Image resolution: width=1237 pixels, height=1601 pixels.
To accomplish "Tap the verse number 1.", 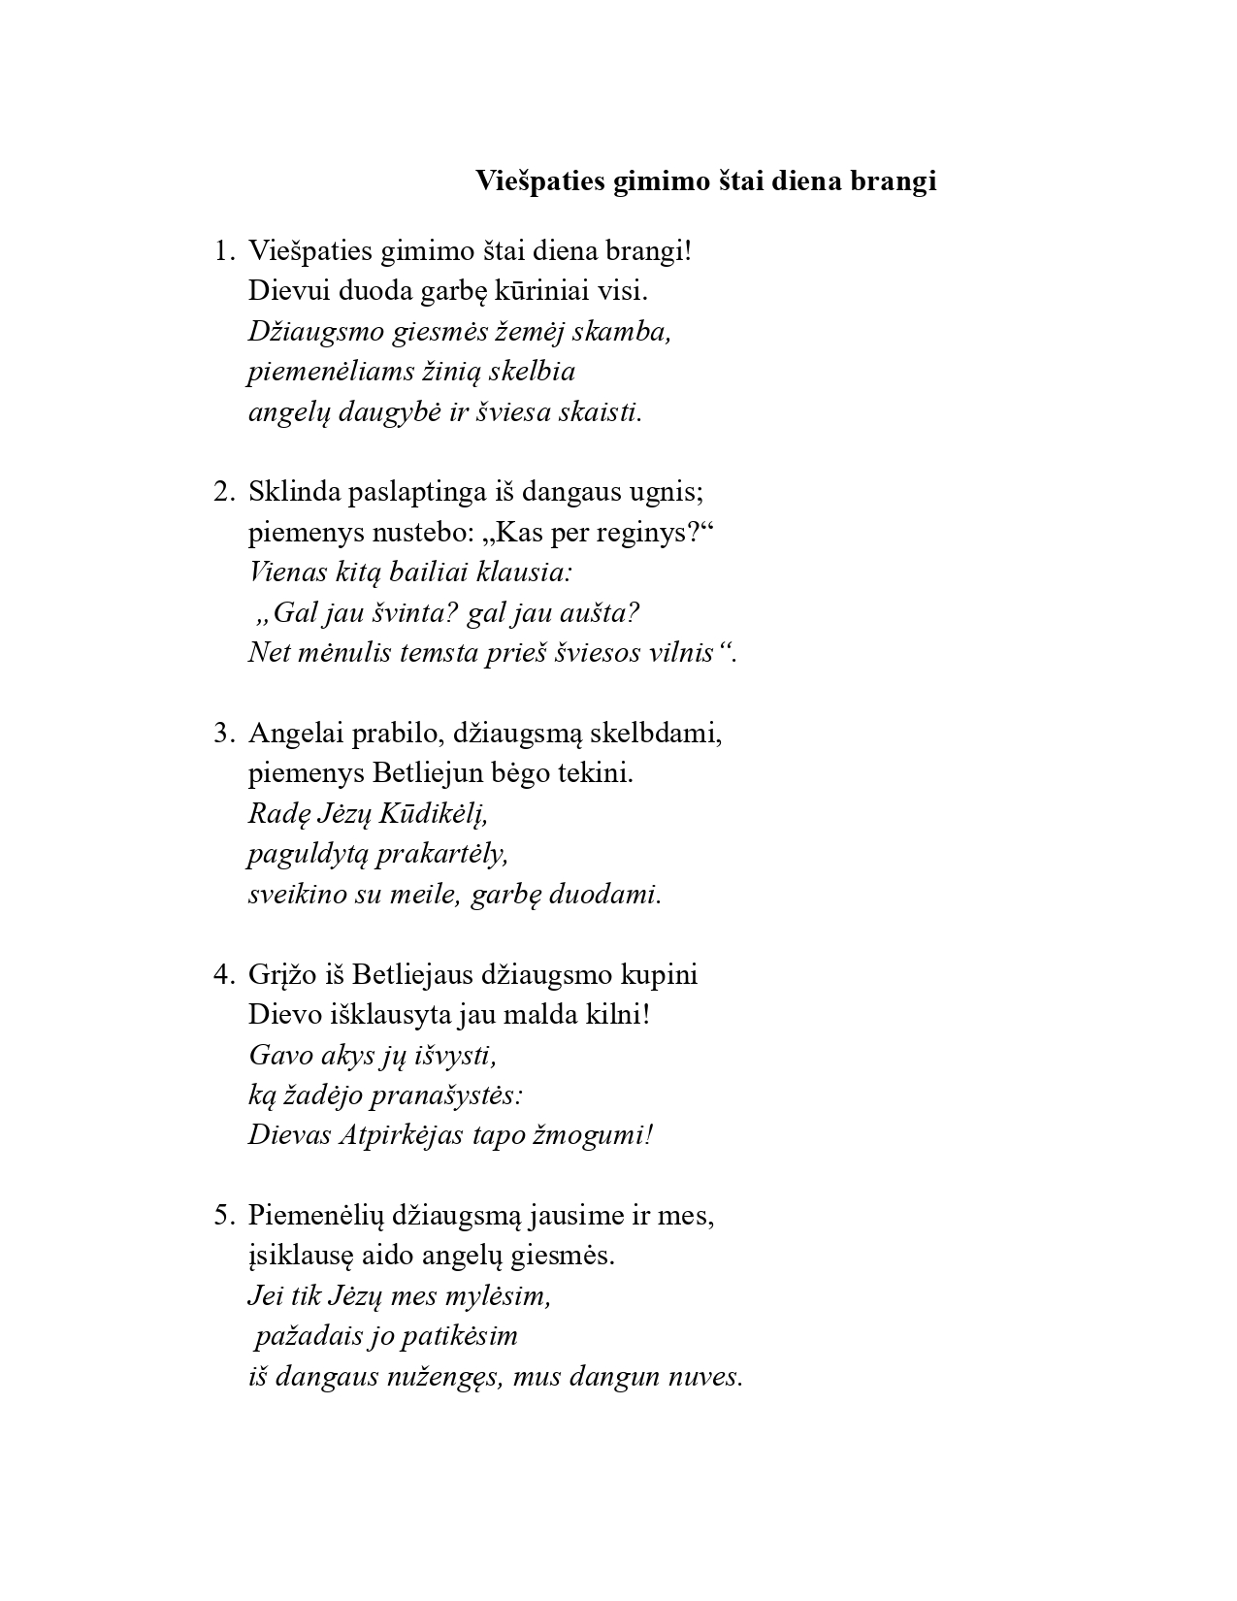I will coord(222,251).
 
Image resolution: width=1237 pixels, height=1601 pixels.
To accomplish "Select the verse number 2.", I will coord(222,492).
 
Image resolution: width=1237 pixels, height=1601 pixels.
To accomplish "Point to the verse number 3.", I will coord(222,734).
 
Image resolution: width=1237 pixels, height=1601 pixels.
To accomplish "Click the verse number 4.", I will coord(222,974).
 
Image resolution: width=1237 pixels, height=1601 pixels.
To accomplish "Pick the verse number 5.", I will coord(222,1215).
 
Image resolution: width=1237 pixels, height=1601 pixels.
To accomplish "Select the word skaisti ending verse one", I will coord(603,412).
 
